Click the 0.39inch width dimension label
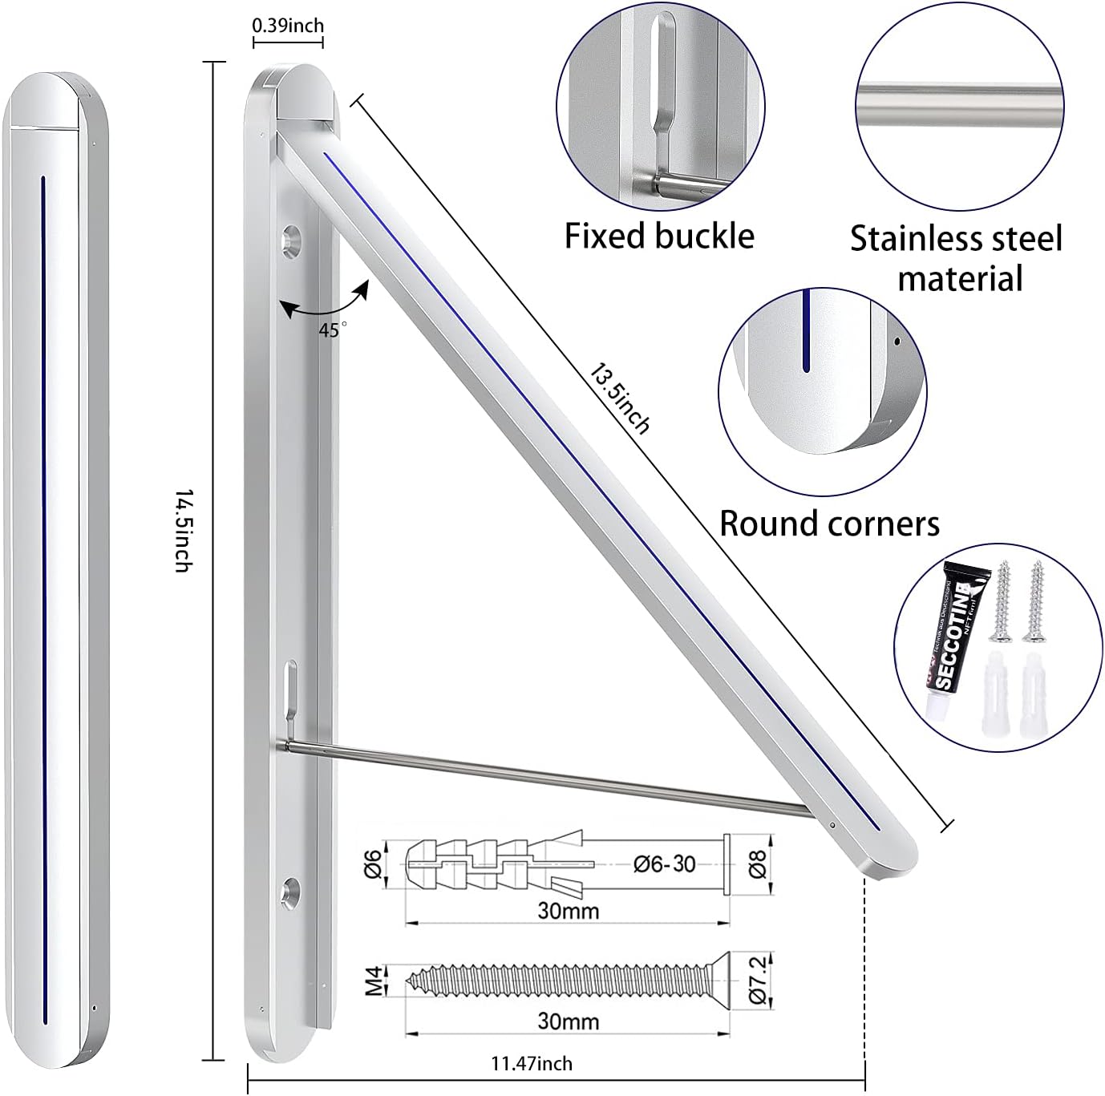pos(288,25)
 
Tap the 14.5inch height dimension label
pos(184,530)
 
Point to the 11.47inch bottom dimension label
pos(532,1063)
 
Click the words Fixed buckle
pos(659,237)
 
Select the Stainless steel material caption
pos(957,258)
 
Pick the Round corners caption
pos(829,524)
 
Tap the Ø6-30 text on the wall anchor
pos(664,864)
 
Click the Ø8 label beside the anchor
pos(758,863)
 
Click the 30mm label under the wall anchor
pos(568,911)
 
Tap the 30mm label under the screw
pos(568,1021)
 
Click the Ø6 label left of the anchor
pos(373,863)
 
